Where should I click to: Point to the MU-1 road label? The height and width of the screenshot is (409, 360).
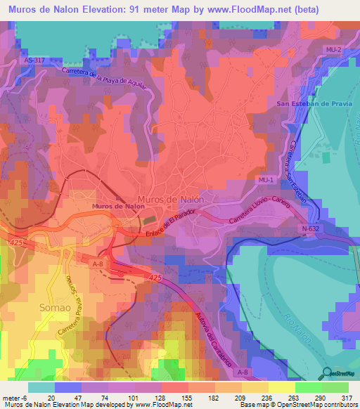pos(265,181)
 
